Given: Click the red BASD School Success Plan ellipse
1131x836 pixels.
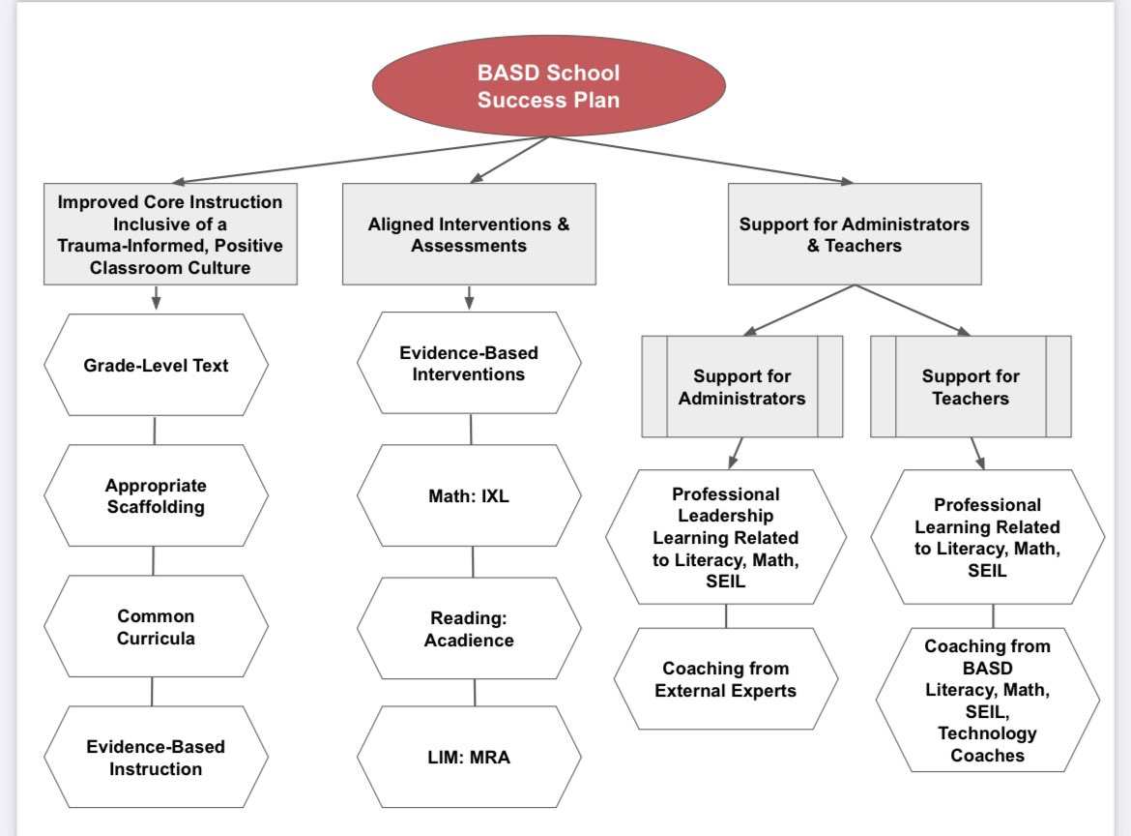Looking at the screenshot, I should click(548, 86).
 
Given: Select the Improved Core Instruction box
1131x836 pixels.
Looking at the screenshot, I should click(169, 235).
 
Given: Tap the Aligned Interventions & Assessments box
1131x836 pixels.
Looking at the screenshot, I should click(469, 235).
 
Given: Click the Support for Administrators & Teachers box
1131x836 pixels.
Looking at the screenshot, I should click(854, 235).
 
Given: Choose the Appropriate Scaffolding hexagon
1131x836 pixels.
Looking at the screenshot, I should click(155, 495).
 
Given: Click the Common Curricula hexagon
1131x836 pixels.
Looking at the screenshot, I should click(155, 626).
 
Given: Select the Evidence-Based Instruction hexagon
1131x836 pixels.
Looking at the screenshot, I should click(155, 758).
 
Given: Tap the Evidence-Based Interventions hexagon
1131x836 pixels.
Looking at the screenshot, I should click(469, 363).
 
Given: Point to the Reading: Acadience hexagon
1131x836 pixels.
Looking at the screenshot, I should click(469, 628).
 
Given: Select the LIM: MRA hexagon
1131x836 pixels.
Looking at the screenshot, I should click(469, 757).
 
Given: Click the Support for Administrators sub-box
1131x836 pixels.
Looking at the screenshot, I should click(741, 387).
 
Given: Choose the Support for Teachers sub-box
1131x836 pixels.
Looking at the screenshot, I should click(970, 387).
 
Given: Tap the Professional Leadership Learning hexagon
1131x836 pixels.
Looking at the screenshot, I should click(726, 537).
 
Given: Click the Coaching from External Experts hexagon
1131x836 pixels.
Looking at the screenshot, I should click(726, 679).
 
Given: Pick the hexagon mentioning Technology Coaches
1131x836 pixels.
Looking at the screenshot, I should click(987, 701).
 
